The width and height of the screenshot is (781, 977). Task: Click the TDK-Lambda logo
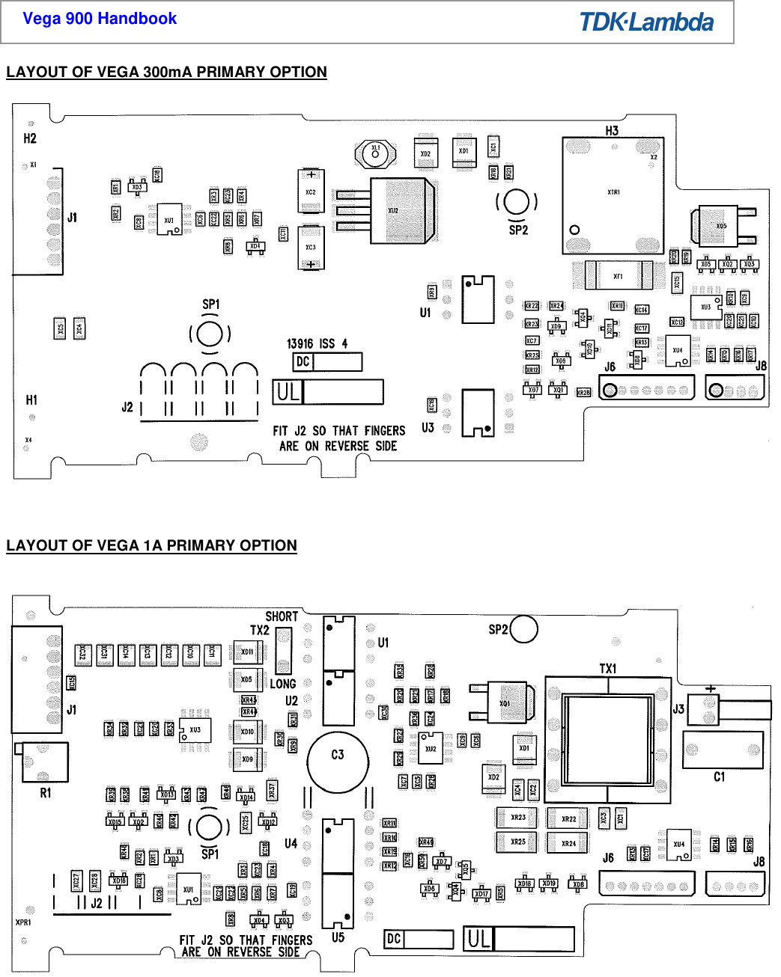646,22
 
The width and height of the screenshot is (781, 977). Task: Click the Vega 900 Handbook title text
100,19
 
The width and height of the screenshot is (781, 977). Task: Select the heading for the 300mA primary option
166,72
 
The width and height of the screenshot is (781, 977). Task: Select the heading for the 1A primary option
151,545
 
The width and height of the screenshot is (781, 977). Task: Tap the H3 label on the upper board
612,130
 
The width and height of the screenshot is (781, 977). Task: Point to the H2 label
30,138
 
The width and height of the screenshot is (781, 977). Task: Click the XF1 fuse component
619,276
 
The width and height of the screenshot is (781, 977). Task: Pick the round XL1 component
375,153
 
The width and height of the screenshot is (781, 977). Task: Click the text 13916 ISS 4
317,343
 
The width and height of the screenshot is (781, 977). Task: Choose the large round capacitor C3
338,761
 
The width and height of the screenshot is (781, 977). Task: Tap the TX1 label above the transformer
608,668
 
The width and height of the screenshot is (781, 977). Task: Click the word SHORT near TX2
282,616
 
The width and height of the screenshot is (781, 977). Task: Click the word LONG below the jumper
282,684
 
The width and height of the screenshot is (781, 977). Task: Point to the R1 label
46,792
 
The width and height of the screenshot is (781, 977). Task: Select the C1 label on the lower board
719,777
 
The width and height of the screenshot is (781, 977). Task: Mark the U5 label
338,937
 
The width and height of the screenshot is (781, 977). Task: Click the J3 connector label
678,708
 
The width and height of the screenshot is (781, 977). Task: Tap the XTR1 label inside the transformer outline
613,192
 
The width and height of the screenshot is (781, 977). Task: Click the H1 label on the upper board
31,400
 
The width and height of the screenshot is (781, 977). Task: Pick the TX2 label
260,631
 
